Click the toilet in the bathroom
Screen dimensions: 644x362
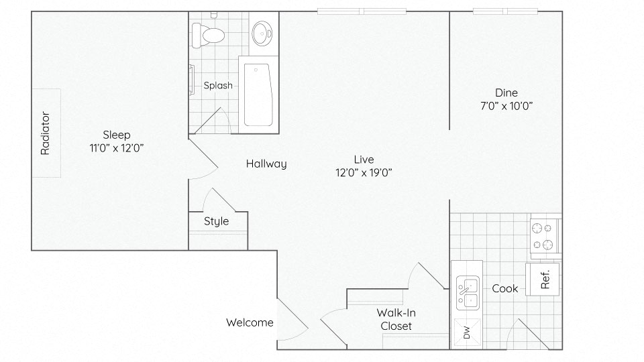coord(208,36)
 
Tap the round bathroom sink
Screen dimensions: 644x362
coord(262,34)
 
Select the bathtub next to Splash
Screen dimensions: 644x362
coord(258,95)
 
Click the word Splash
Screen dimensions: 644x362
coord(218,85)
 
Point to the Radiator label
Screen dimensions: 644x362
coord(45,133)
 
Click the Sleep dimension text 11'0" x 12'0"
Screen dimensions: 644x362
coord(117,147)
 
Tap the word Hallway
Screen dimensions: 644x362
coord(266,164)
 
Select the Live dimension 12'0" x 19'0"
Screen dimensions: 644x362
coord(364,172)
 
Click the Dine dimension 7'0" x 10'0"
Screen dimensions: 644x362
coord(506,106)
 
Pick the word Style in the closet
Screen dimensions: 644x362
coord(217,221)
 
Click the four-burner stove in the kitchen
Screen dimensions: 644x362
coord(545,236)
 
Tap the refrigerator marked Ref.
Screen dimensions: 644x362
coord(543,279)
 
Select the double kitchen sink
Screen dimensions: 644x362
coord(468,293)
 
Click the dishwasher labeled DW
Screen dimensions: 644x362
coord(467,332)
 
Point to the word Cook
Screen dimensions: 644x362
coord(504,288)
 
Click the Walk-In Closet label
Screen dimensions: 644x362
coord(396,319)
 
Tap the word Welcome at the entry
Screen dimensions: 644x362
coord(250,322)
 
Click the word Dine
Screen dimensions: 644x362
coord(506,93)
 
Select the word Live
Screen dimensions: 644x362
coord(364,160)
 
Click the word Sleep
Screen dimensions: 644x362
coord(117,135)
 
